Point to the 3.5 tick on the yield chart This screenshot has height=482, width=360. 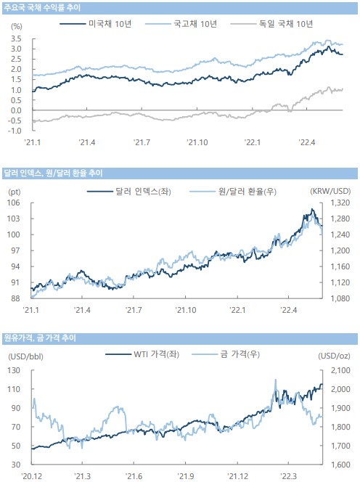click(x=16, y=38)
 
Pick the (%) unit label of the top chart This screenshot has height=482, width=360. click(x=17, y=26)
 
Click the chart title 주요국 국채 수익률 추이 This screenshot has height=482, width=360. click(x=42, y=7)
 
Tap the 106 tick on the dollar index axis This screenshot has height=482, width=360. click(x=14, y=203)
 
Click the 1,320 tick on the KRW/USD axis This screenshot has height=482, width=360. click(x=340, y=203)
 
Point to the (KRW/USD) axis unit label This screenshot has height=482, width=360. click(x=330, y=191)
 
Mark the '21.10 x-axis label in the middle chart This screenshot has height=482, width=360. click(x=185, y=310)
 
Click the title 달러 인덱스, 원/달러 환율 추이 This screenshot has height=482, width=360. click(x=53, y=173)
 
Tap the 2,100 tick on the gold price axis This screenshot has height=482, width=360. click(x=340, y=370)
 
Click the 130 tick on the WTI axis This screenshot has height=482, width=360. click(x=14, y=370)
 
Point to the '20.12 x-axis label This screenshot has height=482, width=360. click(x=32, y=476)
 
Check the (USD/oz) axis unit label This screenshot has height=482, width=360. click(x=334, y=356)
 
